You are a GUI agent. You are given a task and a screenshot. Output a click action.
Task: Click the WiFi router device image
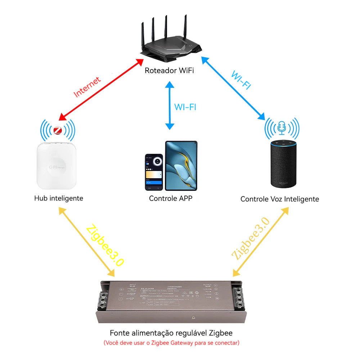[169, 43]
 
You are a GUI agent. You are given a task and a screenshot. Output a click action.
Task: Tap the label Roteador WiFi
[169, 70]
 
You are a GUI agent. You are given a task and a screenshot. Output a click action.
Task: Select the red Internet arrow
[101, 90]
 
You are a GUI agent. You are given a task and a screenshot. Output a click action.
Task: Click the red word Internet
[87, 87]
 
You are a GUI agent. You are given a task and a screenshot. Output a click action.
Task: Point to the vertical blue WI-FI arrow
[170, 105]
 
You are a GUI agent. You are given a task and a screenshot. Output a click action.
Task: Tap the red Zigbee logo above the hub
[58, 130]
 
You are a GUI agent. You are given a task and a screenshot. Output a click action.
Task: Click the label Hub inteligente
[59, 198]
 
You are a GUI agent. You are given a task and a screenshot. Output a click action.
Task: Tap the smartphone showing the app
[154, 172]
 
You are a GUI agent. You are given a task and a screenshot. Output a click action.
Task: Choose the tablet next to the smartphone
[181, 166]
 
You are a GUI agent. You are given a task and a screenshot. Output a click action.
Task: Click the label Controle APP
[171, 198]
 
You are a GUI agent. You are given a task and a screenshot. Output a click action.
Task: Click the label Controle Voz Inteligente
[280, 199]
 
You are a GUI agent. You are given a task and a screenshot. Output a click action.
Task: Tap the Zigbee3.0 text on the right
[250, 239]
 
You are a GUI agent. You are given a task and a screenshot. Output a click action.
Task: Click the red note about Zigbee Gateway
[171, 343]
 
